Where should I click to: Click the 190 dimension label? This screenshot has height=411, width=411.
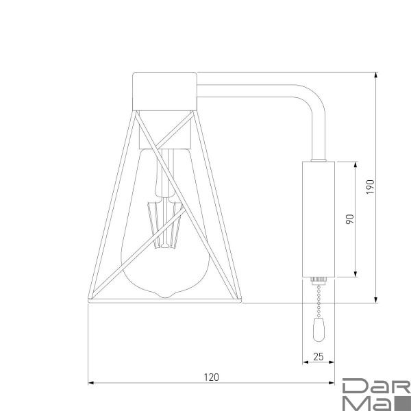tap(370, 186)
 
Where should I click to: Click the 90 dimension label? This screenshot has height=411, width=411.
tap(349, 219)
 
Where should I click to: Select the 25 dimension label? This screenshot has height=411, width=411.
tap(318, 356)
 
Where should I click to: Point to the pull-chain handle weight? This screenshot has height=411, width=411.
tap(319, 330)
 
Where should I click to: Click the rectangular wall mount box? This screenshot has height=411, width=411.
tap(318, 219)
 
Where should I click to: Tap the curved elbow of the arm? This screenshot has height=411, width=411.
tap(312, 99)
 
